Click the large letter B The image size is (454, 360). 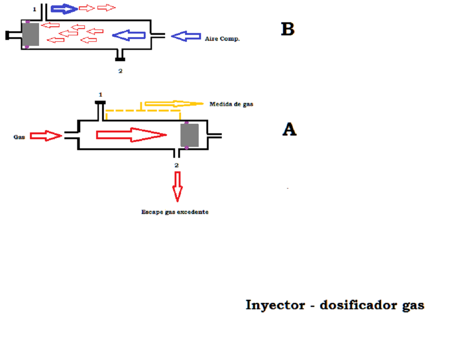pos(288,29)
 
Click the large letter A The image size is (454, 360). pos(289,130)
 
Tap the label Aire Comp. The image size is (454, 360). pos(222,39)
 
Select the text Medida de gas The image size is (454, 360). pos(231,104)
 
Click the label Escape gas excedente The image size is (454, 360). pos(175,212)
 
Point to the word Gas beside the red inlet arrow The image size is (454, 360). pos(19,136)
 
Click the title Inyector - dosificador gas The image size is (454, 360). pos(335,305)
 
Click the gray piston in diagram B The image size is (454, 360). pos(30,34)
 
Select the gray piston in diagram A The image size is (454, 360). pos(189,135)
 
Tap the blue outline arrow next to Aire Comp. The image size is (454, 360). pos(186,36)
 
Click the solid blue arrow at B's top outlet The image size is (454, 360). pos(64,9)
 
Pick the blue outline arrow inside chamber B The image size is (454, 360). pos(129,35)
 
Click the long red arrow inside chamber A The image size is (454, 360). pos(132,134)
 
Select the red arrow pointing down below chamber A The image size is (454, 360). pos(177,186)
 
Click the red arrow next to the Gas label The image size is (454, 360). pos(46,136)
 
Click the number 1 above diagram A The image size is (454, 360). pos(101,94)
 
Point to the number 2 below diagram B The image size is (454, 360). pos(120,71)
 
